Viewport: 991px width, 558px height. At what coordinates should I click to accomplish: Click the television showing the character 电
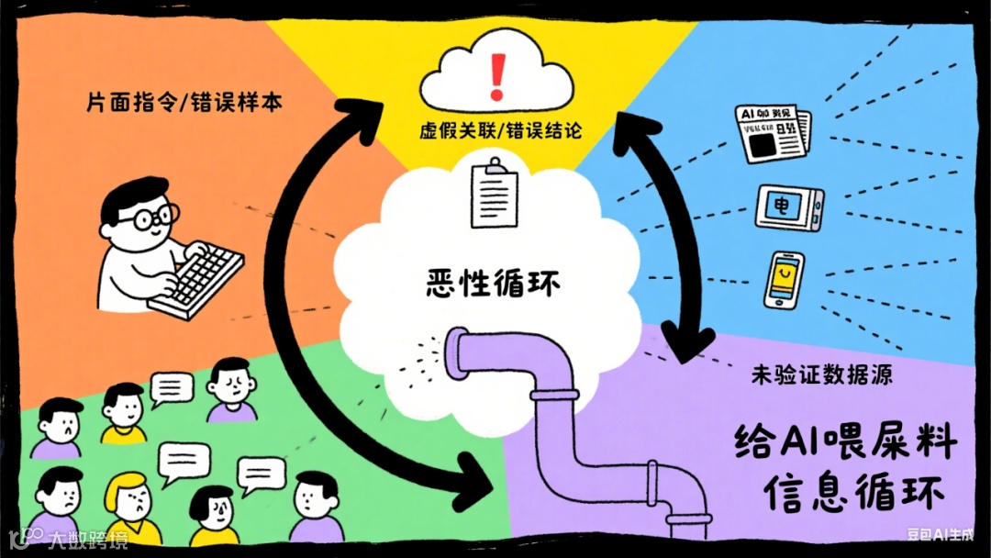click(x=788, y=208)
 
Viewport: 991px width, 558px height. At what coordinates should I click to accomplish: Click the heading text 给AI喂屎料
click(x=846, y=442)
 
